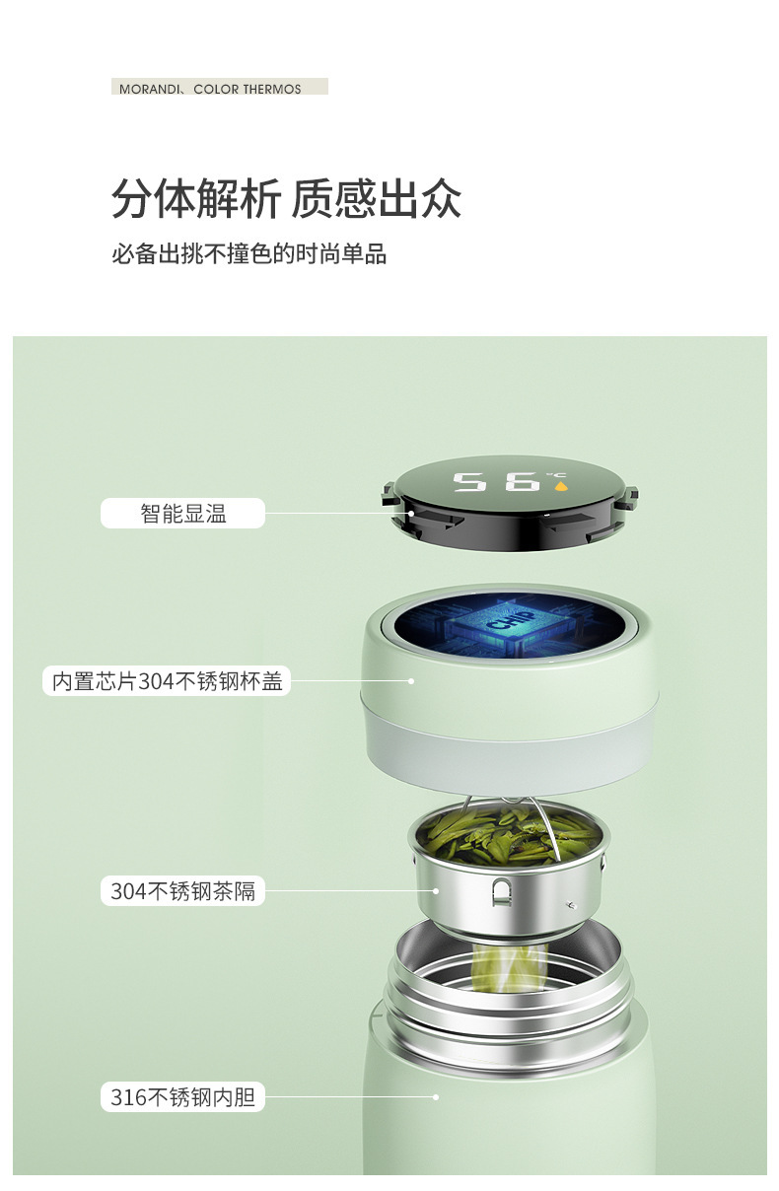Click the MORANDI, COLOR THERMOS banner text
209,89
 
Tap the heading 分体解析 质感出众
286,199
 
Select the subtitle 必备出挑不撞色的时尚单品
248,253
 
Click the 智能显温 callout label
183,514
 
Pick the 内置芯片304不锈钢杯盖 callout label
167,681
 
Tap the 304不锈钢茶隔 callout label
183,891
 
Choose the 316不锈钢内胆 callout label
183,1097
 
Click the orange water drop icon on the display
560,486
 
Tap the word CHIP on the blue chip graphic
512,619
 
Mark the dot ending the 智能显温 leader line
410,514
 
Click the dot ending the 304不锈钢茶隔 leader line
436,891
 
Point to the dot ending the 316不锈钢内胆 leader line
436,1097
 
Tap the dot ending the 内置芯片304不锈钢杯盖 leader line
410,680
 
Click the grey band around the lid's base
509,744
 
